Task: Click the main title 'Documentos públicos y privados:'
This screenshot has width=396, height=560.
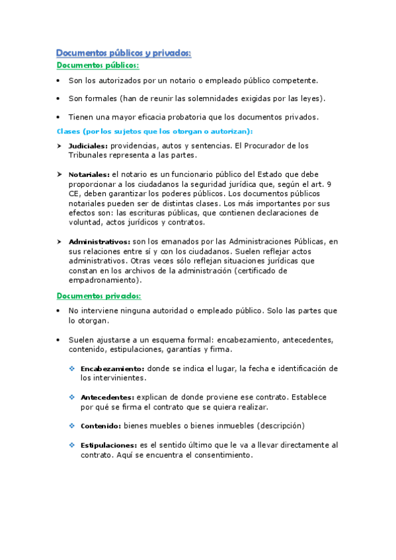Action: (124, 53)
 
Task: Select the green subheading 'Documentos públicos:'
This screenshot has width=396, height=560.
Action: (97, 65)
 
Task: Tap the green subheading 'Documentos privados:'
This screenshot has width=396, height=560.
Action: (99, 295)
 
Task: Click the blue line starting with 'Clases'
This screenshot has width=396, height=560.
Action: (155, 131)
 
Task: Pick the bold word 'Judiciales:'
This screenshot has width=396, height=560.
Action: (89, 145)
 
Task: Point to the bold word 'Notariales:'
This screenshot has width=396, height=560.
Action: (89, 174)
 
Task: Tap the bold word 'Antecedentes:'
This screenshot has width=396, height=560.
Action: (107, 398)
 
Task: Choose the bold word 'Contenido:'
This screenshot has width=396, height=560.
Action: (100, 426)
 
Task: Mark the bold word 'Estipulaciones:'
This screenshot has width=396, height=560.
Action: (109, 446)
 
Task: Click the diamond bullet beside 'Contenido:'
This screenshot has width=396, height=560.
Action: (72, 426)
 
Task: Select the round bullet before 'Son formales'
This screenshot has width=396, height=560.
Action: (59, 99)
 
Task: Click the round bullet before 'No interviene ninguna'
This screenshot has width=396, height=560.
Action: (59, 310)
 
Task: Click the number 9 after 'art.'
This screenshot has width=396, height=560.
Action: (329, 184)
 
